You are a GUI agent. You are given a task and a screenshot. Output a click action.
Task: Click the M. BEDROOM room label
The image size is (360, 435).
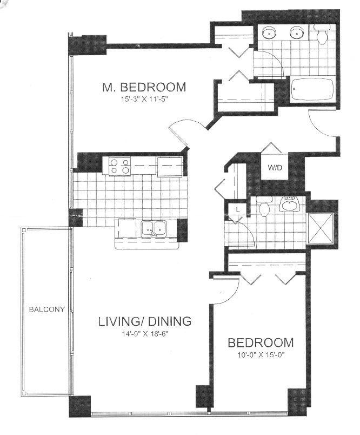(144, 87)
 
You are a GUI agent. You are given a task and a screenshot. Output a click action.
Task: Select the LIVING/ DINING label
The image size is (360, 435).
(144, 321)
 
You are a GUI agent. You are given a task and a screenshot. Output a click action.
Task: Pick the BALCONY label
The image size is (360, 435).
(47, 310)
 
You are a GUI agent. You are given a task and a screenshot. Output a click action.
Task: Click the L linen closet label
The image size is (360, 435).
(236, 209)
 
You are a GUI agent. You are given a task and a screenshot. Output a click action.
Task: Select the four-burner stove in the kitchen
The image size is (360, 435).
(119, 166)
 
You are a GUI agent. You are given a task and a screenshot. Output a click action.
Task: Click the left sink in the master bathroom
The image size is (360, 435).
(269, 34)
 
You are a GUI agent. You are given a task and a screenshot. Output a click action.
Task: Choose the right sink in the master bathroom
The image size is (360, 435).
(296, 34)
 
